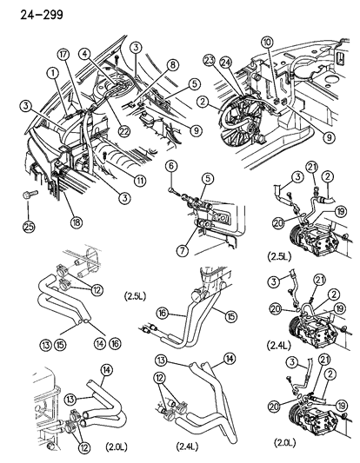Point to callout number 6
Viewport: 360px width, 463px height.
click(x=171, y=165)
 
